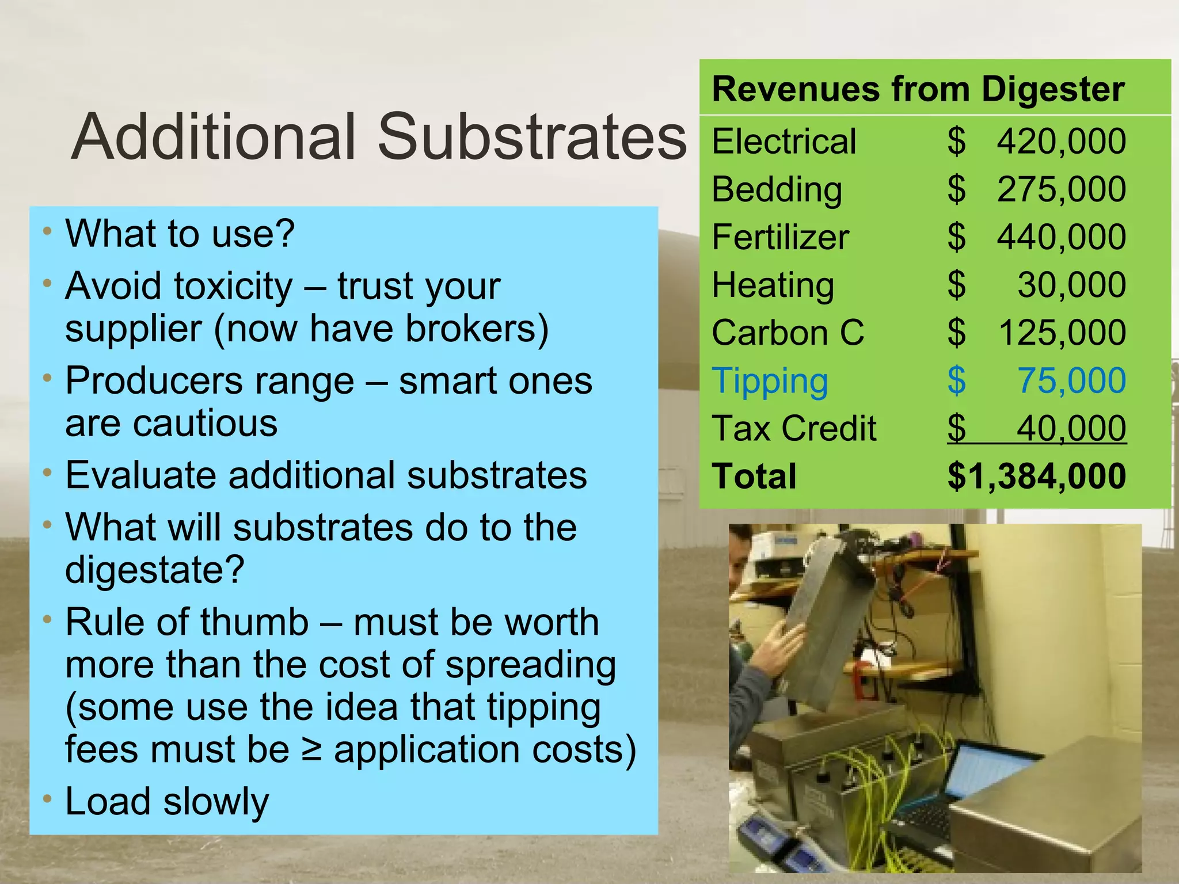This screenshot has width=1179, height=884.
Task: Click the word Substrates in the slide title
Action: [532, 136]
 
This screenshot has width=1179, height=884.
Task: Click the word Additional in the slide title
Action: [214, 136]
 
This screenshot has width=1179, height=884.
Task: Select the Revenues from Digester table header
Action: [918, 89]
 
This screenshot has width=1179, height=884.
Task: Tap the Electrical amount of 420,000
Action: [1061, 141]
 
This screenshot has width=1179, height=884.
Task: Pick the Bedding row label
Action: [777, 189]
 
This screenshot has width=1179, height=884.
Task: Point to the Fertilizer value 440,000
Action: [1061, 237]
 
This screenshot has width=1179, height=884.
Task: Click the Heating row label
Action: [773, 285]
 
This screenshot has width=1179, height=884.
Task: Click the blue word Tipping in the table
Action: [770, 381]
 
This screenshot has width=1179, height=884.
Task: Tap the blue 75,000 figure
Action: [1071, 380]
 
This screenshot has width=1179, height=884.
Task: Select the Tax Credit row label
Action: [794, 429]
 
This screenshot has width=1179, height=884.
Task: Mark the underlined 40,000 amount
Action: [1071, 429]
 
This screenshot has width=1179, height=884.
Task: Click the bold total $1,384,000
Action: [1036, 477]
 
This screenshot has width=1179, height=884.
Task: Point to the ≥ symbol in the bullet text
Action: [311, 749]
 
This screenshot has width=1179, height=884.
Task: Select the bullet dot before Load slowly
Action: [48, 799]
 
